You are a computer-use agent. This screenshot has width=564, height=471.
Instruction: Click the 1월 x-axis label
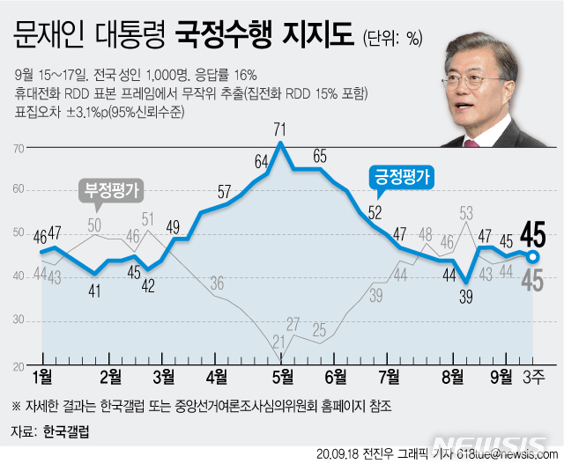pyautogui.click(x=42, y=377)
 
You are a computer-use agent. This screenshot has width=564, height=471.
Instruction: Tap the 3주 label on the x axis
pyautogui.click(x=534, y=377)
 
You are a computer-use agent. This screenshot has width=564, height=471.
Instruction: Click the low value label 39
pyautogui.click(x=466, y=297)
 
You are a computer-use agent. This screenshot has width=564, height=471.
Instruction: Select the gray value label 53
pyautogui.click(x=466, y=212)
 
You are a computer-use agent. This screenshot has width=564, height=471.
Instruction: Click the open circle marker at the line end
pyautogui.click(x=532, y=256)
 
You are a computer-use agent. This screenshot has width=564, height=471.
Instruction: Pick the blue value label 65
pyautogui.click(x=319, y=157)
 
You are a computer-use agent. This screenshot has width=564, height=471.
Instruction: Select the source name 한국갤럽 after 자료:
pyautogui.click(x=66, y=432)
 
